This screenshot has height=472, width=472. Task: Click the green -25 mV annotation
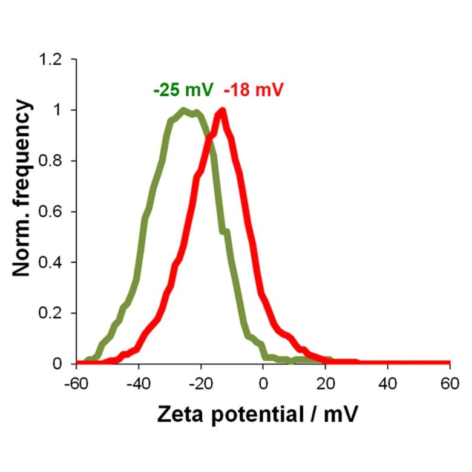(183, 91)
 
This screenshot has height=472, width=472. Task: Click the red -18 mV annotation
(254, 91)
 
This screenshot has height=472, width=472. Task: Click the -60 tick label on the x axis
(76, 383)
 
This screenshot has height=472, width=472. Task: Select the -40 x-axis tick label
(139, 383)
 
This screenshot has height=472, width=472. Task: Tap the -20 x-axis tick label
(201, 383)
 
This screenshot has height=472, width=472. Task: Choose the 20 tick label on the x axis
(326, 383)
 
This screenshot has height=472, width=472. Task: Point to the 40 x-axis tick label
(388, 383)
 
